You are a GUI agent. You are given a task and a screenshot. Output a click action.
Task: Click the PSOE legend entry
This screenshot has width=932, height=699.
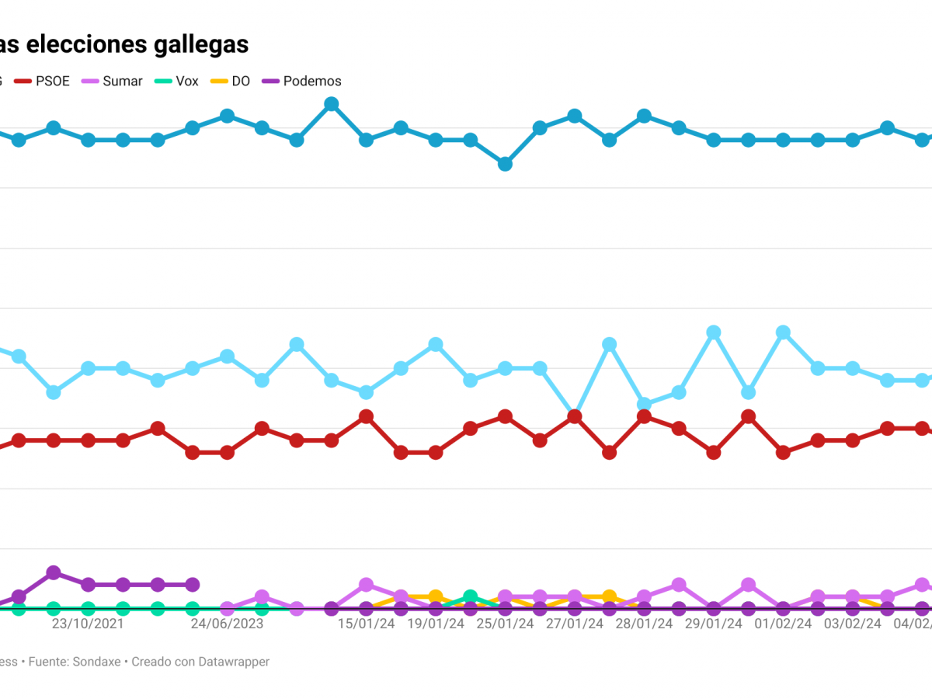52,81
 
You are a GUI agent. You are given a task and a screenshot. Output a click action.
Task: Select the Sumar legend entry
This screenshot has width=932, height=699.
122,81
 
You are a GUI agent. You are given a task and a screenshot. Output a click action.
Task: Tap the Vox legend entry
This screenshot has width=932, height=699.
186,81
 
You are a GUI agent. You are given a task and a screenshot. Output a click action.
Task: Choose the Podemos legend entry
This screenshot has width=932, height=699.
311,81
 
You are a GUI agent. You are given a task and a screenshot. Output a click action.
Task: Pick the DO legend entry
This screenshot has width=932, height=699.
241,81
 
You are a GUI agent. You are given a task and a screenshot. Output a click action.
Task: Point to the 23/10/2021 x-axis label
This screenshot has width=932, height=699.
88,624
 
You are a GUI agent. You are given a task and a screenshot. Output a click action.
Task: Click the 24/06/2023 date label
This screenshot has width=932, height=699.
228,624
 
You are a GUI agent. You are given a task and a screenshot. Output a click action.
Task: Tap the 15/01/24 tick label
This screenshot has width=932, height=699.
366,624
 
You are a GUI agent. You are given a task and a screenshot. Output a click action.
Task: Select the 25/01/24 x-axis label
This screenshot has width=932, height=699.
505,624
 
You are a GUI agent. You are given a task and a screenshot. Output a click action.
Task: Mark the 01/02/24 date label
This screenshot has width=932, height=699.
784,624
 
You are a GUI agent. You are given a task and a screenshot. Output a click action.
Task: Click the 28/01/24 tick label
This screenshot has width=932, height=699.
644,624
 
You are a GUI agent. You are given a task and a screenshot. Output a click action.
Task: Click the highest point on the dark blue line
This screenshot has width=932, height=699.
332,104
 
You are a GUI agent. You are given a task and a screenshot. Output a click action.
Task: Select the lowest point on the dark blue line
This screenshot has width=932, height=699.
505,164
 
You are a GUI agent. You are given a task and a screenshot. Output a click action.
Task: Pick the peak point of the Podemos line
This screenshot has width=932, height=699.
54,572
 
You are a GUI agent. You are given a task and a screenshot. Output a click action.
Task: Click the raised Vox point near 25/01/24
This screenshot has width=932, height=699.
470,596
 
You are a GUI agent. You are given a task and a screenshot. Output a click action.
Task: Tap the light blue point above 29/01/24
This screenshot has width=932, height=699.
714,332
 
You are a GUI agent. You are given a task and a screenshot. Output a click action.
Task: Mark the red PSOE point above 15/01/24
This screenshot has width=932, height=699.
367,416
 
